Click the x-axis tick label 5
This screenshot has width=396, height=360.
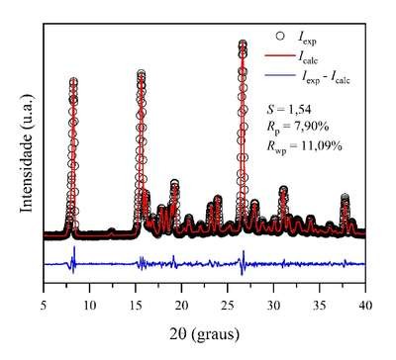(x=44, y=306)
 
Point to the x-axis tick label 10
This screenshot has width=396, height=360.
(x=89, y=306)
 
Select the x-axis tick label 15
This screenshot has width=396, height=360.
(x=136, y=306)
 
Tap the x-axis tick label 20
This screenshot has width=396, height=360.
(x=181, y=306)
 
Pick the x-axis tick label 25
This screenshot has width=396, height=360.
(x=228, y=306)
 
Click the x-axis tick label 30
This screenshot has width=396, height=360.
(x=273, y=306)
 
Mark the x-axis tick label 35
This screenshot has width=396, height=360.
(x=319, y=306)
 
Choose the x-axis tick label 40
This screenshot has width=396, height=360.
(x=365, y=306)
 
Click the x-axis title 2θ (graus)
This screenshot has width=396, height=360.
(x=205, y=334)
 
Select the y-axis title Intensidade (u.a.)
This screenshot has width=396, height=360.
(x=27, y=153)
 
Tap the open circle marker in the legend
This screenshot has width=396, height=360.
(x=280, y=36)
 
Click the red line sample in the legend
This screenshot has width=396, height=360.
(x=279, y=55)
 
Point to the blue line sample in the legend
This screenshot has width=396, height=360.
(x=279, y=75)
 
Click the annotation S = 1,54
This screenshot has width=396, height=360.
(x=289, y=109)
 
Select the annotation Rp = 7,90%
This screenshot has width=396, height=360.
(x=297, y=127)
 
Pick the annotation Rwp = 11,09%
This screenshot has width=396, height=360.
(x=304, y=146)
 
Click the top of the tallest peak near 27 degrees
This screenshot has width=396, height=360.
(x=243, y=44)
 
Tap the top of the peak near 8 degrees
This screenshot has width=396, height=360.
(x=73, y=81)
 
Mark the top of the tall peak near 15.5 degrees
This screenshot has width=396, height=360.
(x=141, y=73)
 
